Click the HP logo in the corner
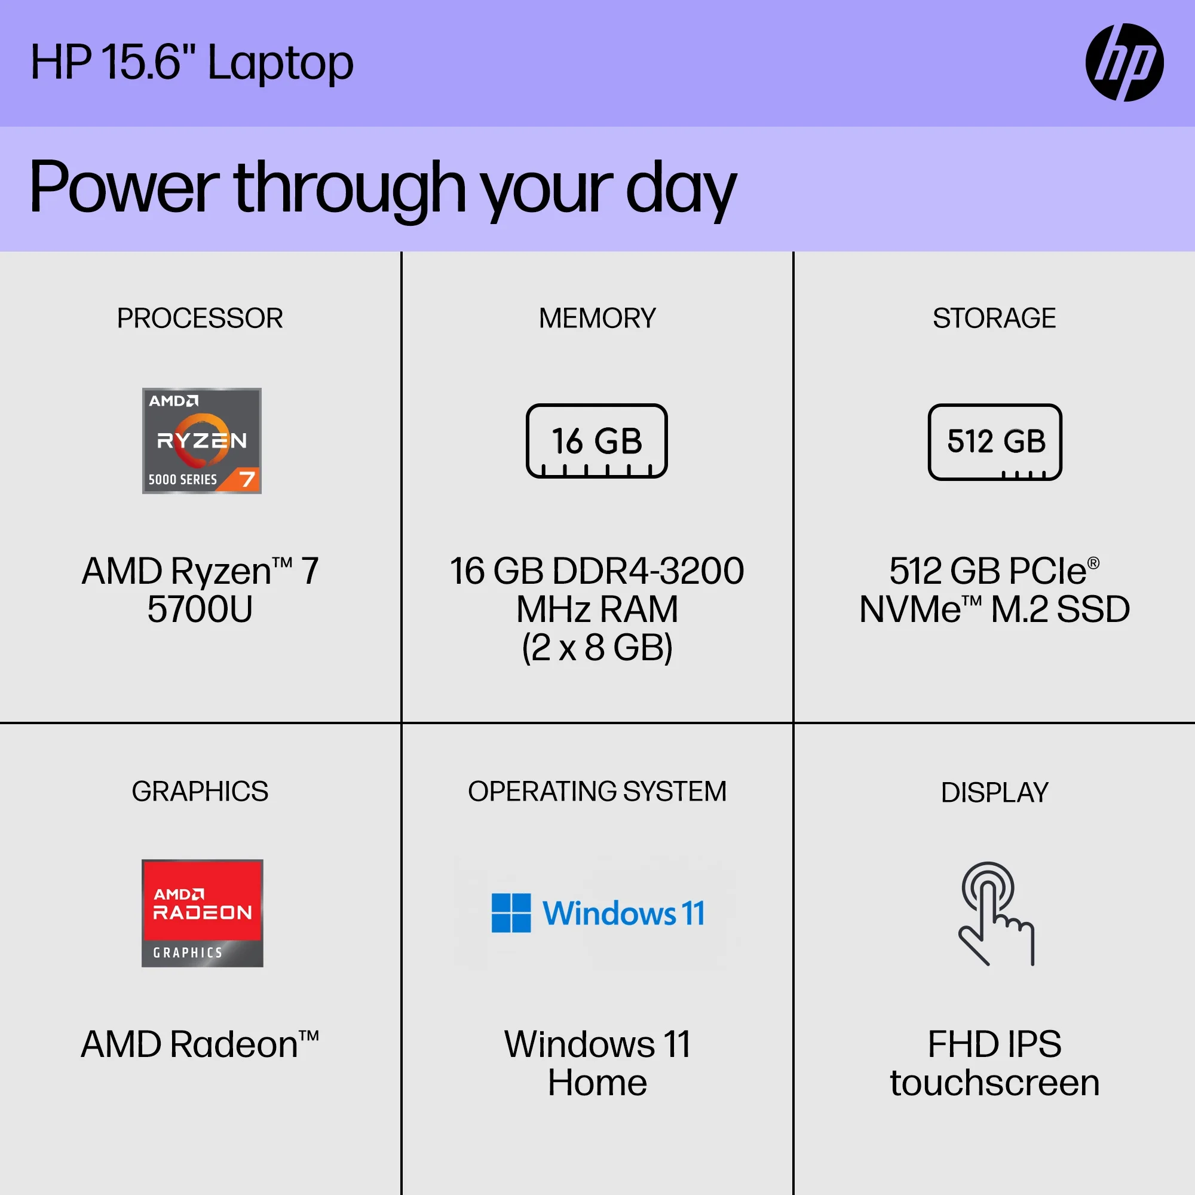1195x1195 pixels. pos(1124,63)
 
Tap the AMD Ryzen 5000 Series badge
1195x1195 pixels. pos(201,440)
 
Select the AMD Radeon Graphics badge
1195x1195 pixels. pos(203,912)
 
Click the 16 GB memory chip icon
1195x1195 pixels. pos(596,440)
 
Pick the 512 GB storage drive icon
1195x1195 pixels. pos(995,442)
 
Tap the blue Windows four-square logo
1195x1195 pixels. pos(511,912)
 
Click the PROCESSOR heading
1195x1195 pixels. pos(200,318)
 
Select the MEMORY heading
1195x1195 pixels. pos(597,318)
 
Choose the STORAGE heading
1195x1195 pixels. pos(994,318)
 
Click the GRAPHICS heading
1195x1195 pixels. pos(200,791)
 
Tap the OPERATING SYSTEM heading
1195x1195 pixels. pos(597,791)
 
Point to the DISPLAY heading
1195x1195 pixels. pos(995,792)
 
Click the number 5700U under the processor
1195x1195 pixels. pos(200,609)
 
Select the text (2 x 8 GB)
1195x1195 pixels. pos(597,648)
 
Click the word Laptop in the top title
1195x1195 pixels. pos(280,64)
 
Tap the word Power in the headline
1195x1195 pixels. pos(124,187)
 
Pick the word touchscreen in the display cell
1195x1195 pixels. pos(995,1083)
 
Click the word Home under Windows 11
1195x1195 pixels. pos(597,1083)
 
